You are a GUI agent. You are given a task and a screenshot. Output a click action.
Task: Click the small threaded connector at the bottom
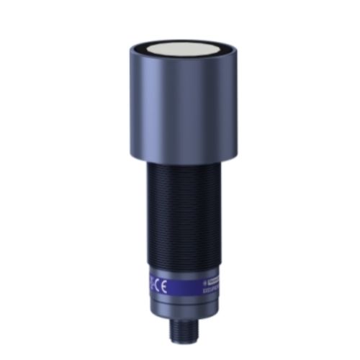tap(181, 331)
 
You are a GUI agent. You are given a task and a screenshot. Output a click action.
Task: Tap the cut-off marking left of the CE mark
tap(150, 284)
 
